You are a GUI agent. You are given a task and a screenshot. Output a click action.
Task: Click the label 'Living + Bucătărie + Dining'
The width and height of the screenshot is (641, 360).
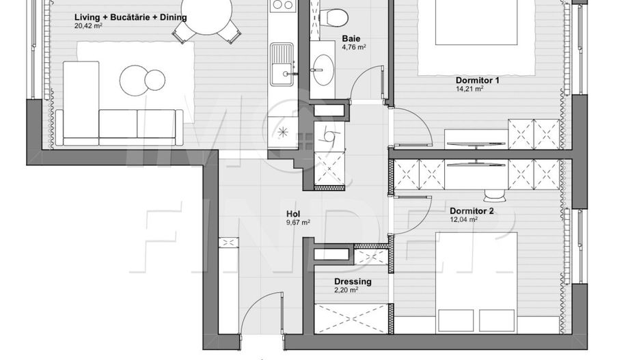tap(131, 18)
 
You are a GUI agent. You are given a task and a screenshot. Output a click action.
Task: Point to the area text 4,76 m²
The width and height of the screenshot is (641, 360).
tap(353, 48)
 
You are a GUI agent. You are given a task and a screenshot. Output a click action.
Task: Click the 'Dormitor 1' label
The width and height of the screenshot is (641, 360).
tap(478, 80)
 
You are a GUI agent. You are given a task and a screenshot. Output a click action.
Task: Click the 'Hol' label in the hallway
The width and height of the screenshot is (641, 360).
tap(293, 214)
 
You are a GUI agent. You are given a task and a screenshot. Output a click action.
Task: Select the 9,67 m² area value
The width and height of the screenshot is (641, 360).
tap(298, 223)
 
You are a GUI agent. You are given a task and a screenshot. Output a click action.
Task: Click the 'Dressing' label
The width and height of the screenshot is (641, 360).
tap(353, 281)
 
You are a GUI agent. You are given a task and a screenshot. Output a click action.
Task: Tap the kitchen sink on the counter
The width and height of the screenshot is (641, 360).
tap(281, 64)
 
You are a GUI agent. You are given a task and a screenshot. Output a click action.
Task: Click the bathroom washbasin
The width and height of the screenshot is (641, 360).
tap(323, 68)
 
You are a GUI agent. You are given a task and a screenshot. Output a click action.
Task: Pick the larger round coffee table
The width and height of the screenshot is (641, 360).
tap(134, 80)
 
